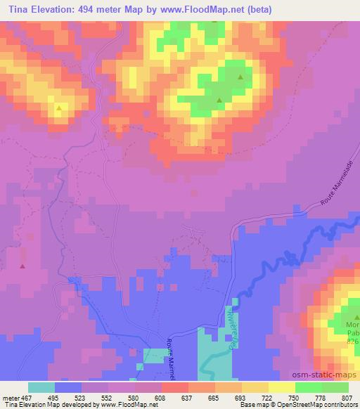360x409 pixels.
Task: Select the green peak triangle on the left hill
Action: pyautogui.click(x=58, y=108)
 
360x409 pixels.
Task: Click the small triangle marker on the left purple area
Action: pyautogui.click(x=22, y=266)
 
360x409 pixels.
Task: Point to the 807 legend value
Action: pyautogui.click(x=347, y=396)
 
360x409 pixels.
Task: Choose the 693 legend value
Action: pyautogui.click(x=240, y=396)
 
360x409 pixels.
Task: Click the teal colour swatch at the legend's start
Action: pyautogui.click(x=41, y=387)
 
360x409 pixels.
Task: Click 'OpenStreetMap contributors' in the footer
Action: pyautogui.click(x=316, y=405)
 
